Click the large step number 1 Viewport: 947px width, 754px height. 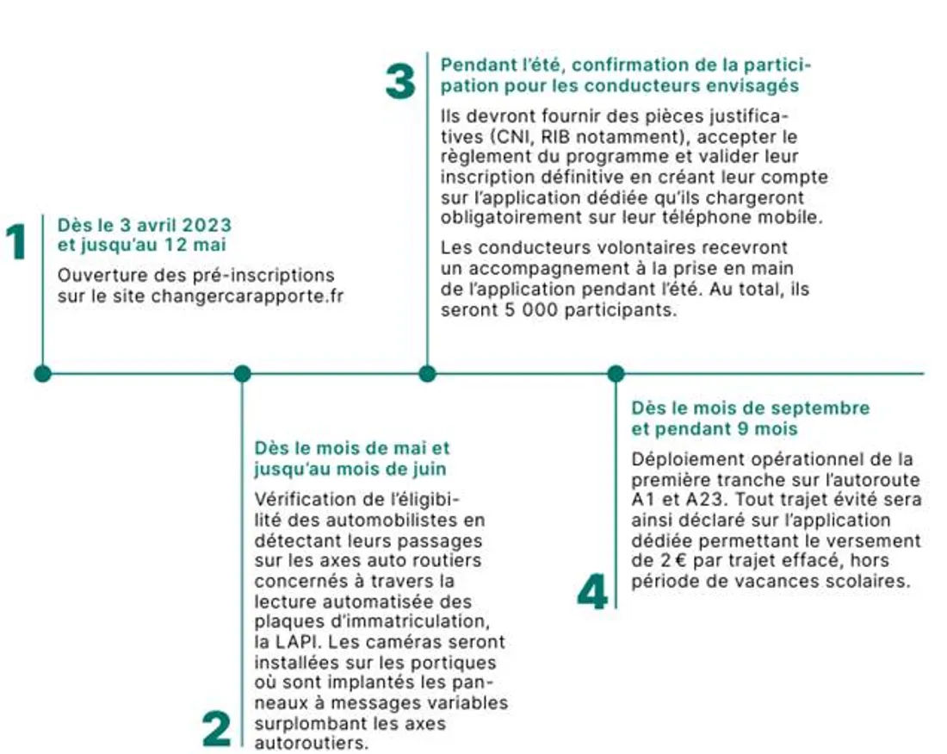pyautogui.click(x=15, y=242)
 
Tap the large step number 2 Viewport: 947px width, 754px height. pyautogui.click(x=217, y=729)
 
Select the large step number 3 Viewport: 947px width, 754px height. pyautogui.click(x=399, y=83)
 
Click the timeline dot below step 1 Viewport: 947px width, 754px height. pyautogui.click(x=42, y=373)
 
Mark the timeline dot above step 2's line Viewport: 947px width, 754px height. pyautogui.click(x=243, y=373)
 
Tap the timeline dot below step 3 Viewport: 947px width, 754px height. pyautogui.click(x=427, y=373)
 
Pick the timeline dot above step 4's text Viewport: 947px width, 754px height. pyautogui.click(x=616, y=373)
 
